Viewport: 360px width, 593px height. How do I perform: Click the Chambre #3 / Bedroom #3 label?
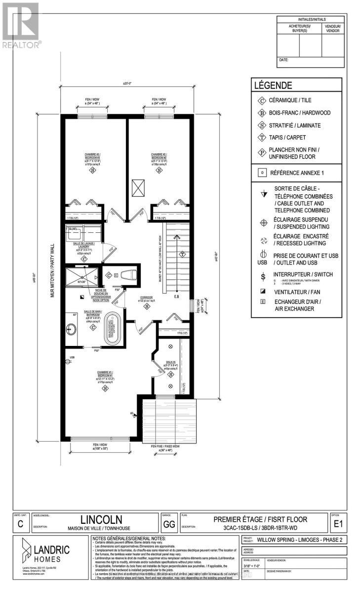point(92,158)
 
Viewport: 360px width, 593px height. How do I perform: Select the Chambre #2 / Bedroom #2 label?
point(159,158)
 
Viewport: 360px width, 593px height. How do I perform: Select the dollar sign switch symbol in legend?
point(263,275)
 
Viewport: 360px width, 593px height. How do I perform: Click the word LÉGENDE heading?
point(273,85)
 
